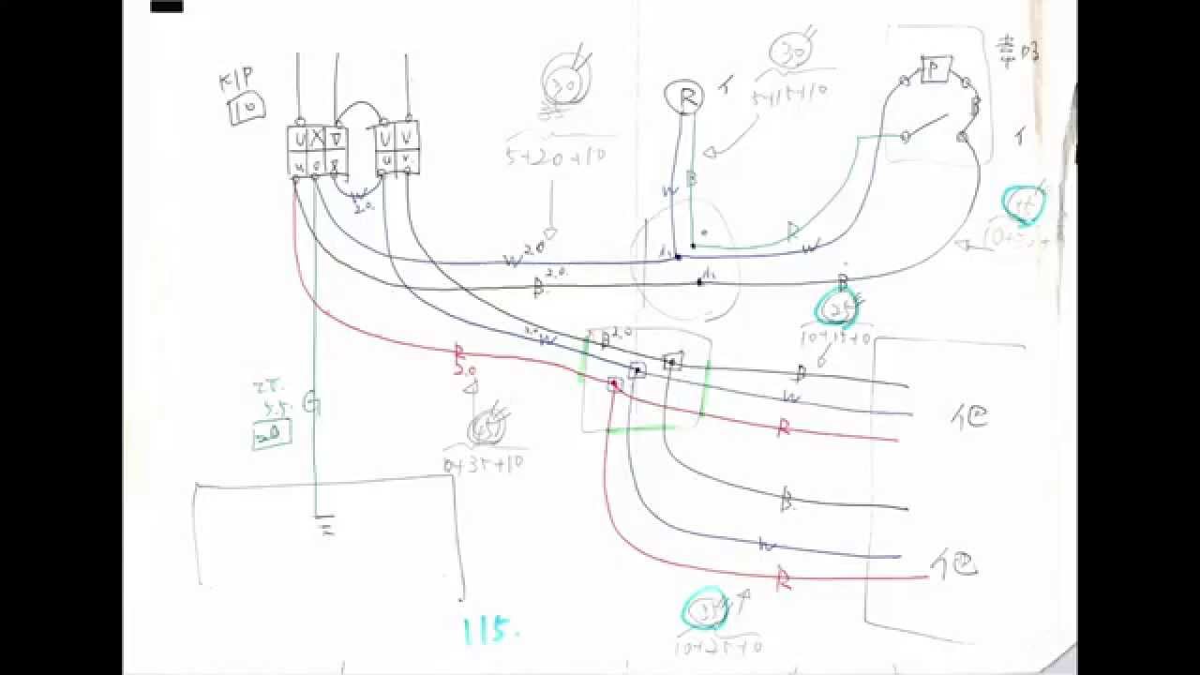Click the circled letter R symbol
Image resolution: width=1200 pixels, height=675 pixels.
(x=683, y=96)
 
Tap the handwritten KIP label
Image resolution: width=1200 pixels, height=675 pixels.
(x=237, y=82)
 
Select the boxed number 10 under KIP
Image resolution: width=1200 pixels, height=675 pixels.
(x=246, y=110)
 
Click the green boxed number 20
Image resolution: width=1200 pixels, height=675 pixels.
(x=272, y=433)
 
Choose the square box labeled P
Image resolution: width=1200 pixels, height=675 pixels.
(x=935, y=69)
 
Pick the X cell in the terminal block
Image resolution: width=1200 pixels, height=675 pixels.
(x=317, y=139)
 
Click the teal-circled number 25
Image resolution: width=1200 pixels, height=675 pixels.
(x=837, y=307)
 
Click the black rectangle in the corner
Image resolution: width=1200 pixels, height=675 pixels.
(x=167, y=6)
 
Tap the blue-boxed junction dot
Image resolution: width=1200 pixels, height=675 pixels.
(x=637, y=370)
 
